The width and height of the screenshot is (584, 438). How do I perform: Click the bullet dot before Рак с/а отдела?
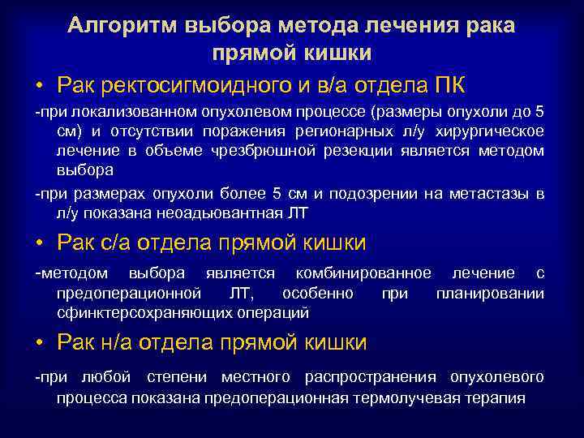[40, 243]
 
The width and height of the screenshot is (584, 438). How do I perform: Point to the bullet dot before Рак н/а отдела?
[40, 343]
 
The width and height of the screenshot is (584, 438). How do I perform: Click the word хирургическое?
[492, 131]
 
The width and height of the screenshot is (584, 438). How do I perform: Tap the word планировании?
[490, 293]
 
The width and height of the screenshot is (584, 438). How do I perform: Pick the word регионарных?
[349, 131]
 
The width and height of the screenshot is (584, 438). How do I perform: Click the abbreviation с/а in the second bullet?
[114, 243]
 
